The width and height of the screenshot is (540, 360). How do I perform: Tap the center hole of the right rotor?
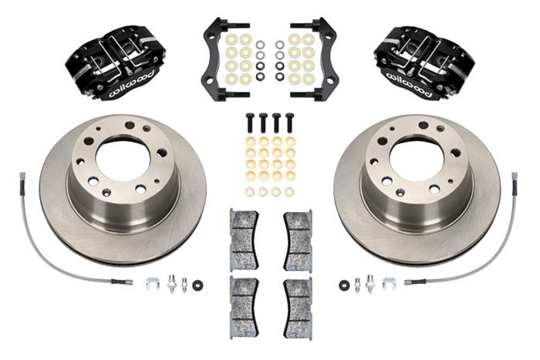pyautogui.click(x=417, y=157)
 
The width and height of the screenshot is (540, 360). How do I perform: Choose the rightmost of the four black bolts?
pyautogui.click(x=290, y=123)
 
